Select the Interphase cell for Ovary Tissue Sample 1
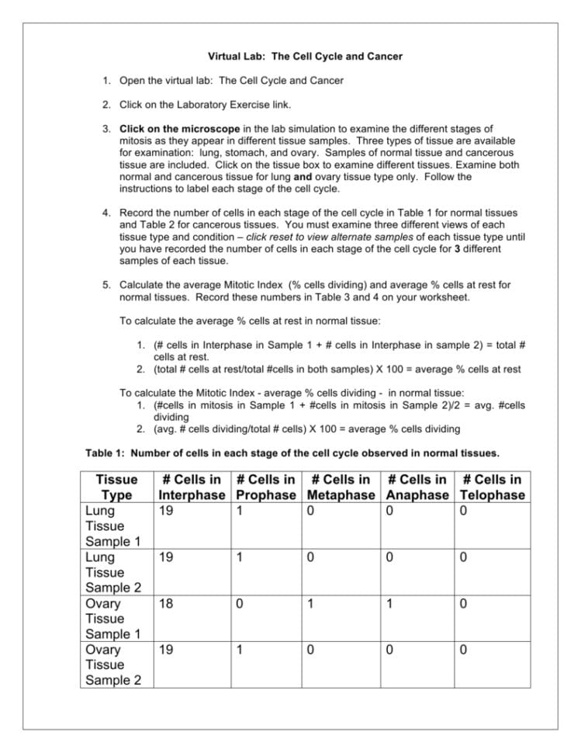pos(165,603)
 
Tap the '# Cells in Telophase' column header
pos(492,488)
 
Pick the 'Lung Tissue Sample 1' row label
pos(110,526)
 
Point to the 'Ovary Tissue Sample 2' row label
pos(110,665)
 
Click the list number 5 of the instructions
pos(107,285)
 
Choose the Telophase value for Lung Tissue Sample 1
pos(463,512)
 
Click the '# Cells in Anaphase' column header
pos(418,488)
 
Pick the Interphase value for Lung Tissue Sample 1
pos(165,512)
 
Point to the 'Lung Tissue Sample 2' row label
pos(110,572)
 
